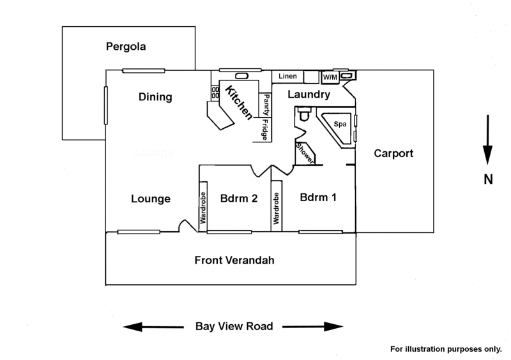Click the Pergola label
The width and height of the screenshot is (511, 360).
click(x=126, y=47)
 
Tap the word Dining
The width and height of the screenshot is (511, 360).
click(x=155, y=97)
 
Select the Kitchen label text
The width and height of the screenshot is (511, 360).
click(x=239, y=102)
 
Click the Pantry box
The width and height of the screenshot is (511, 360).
click(x=266, y=105)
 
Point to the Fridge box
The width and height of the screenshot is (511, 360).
click(x=266, y=130)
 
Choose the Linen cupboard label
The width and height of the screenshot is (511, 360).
click(x=287, y=76)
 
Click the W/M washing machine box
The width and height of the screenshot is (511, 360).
click(x=330, y=77)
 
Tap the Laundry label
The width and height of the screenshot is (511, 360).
click(x=309, y=94)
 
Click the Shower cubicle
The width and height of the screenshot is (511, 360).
click(x=305, y=154)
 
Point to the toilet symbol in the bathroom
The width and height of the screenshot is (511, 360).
click(x=305, y=114)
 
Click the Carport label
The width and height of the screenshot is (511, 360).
click(x=393, y=153)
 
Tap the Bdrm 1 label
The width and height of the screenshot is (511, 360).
click(x=318, y=197)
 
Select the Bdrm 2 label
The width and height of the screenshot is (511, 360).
click(x=239, y=198)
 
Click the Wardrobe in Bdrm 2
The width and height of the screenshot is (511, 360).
click(x=203, y=207)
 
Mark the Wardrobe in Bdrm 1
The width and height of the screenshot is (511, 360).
click(x=277, y=207)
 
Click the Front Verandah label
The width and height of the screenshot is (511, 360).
click(x=234, y=260)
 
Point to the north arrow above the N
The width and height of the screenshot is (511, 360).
click(x=487, y=139)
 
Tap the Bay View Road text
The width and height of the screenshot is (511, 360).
click(x=234, y=326)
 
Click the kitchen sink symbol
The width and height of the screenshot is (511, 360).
click(x=241, y=76)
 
